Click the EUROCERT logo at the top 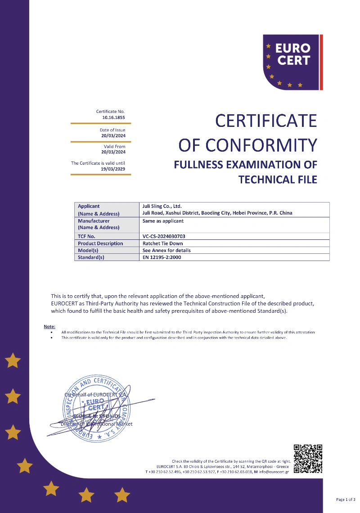292,62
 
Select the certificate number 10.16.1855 113,117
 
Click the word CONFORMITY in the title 261,145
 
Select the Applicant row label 89,206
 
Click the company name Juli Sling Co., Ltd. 162,206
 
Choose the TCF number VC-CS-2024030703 164,236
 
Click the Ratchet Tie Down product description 162,243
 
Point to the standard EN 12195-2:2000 162,257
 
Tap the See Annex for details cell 166,250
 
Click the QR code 308,459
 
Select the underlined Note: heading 49,326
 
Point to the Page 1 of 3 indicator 346,499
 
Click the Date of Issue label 112,130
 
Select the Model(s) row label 88,250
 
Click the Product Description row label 100,243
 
